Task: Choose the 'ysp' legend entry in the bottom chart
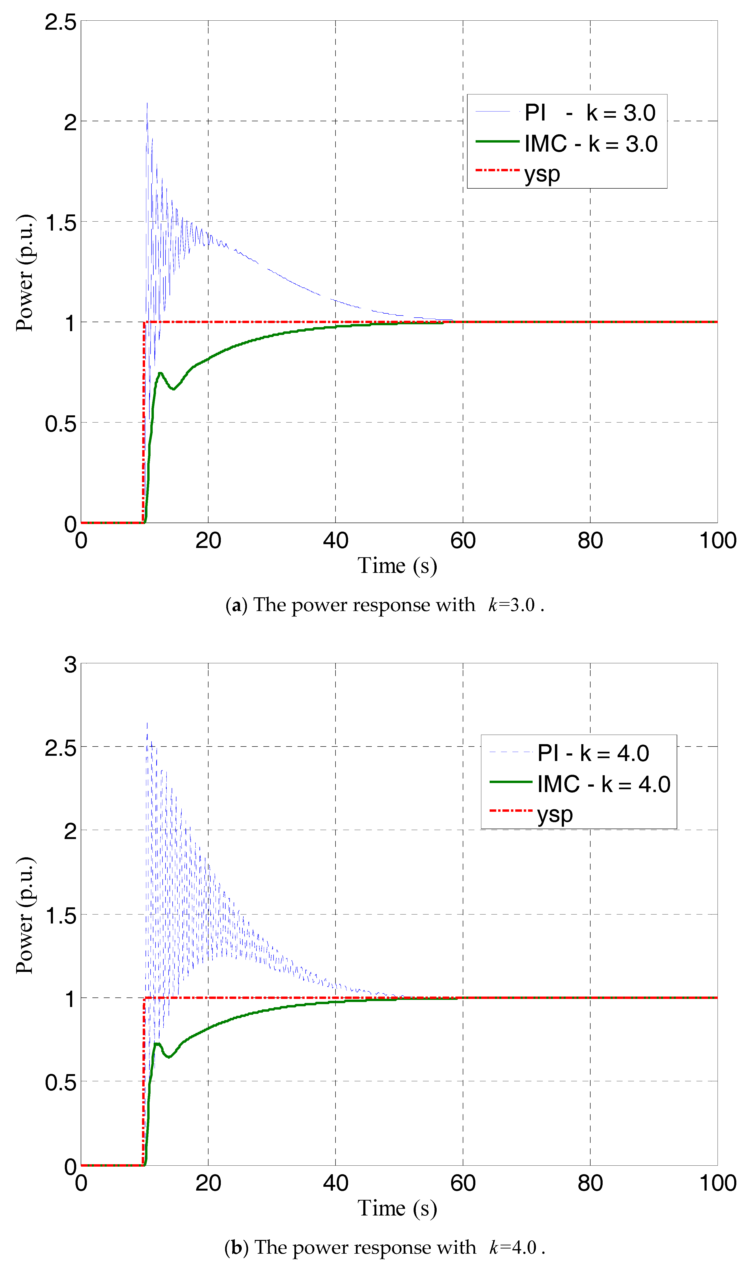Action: (555, 814)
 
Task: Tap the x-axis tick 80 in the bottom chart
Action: (590, 1183)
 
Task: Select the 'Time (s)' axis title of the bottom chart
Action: (397, 1208)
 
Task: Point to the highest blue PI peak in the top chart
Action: (147, 104)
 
